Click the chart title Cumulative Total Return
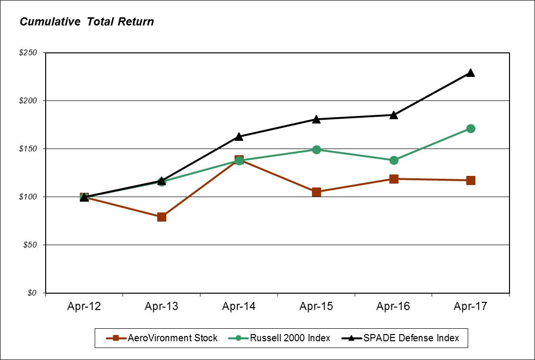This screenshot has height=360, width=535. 87,22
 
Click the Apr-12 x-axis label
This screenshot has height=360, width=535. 84,307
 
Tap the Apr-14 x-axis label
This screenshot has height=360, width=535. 239,307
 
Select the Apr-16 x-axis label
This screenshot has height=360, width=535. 393,307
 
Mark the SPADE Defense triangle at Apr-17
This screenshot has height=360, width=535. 471,73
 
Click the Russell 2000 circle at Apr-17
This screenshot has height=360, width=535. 471,128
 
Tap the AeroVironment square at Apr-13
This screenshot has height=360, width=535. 162,217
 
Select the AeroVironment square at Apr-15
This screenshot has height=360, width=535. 316,192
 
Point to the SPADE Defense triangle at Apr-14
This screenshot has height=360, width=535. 239,137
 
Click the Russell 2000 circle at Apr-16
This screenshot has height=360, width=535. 393,160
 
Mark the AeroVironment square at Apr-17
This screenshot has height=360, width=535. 471,180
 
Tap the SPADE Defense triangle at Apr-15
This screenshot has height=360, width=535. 316,119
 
